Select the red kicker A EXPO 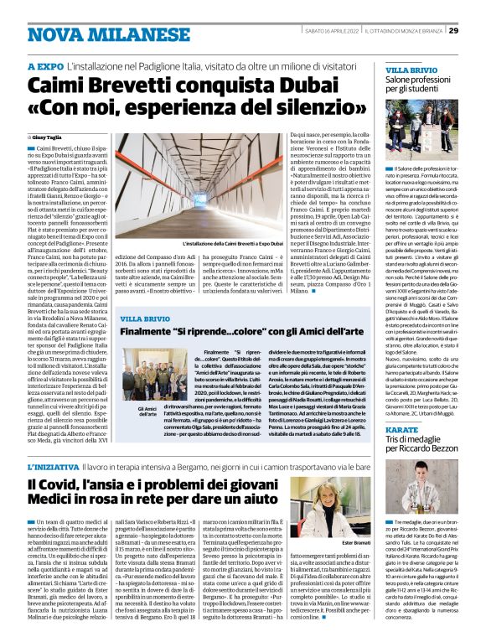[x=45, y=65]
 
